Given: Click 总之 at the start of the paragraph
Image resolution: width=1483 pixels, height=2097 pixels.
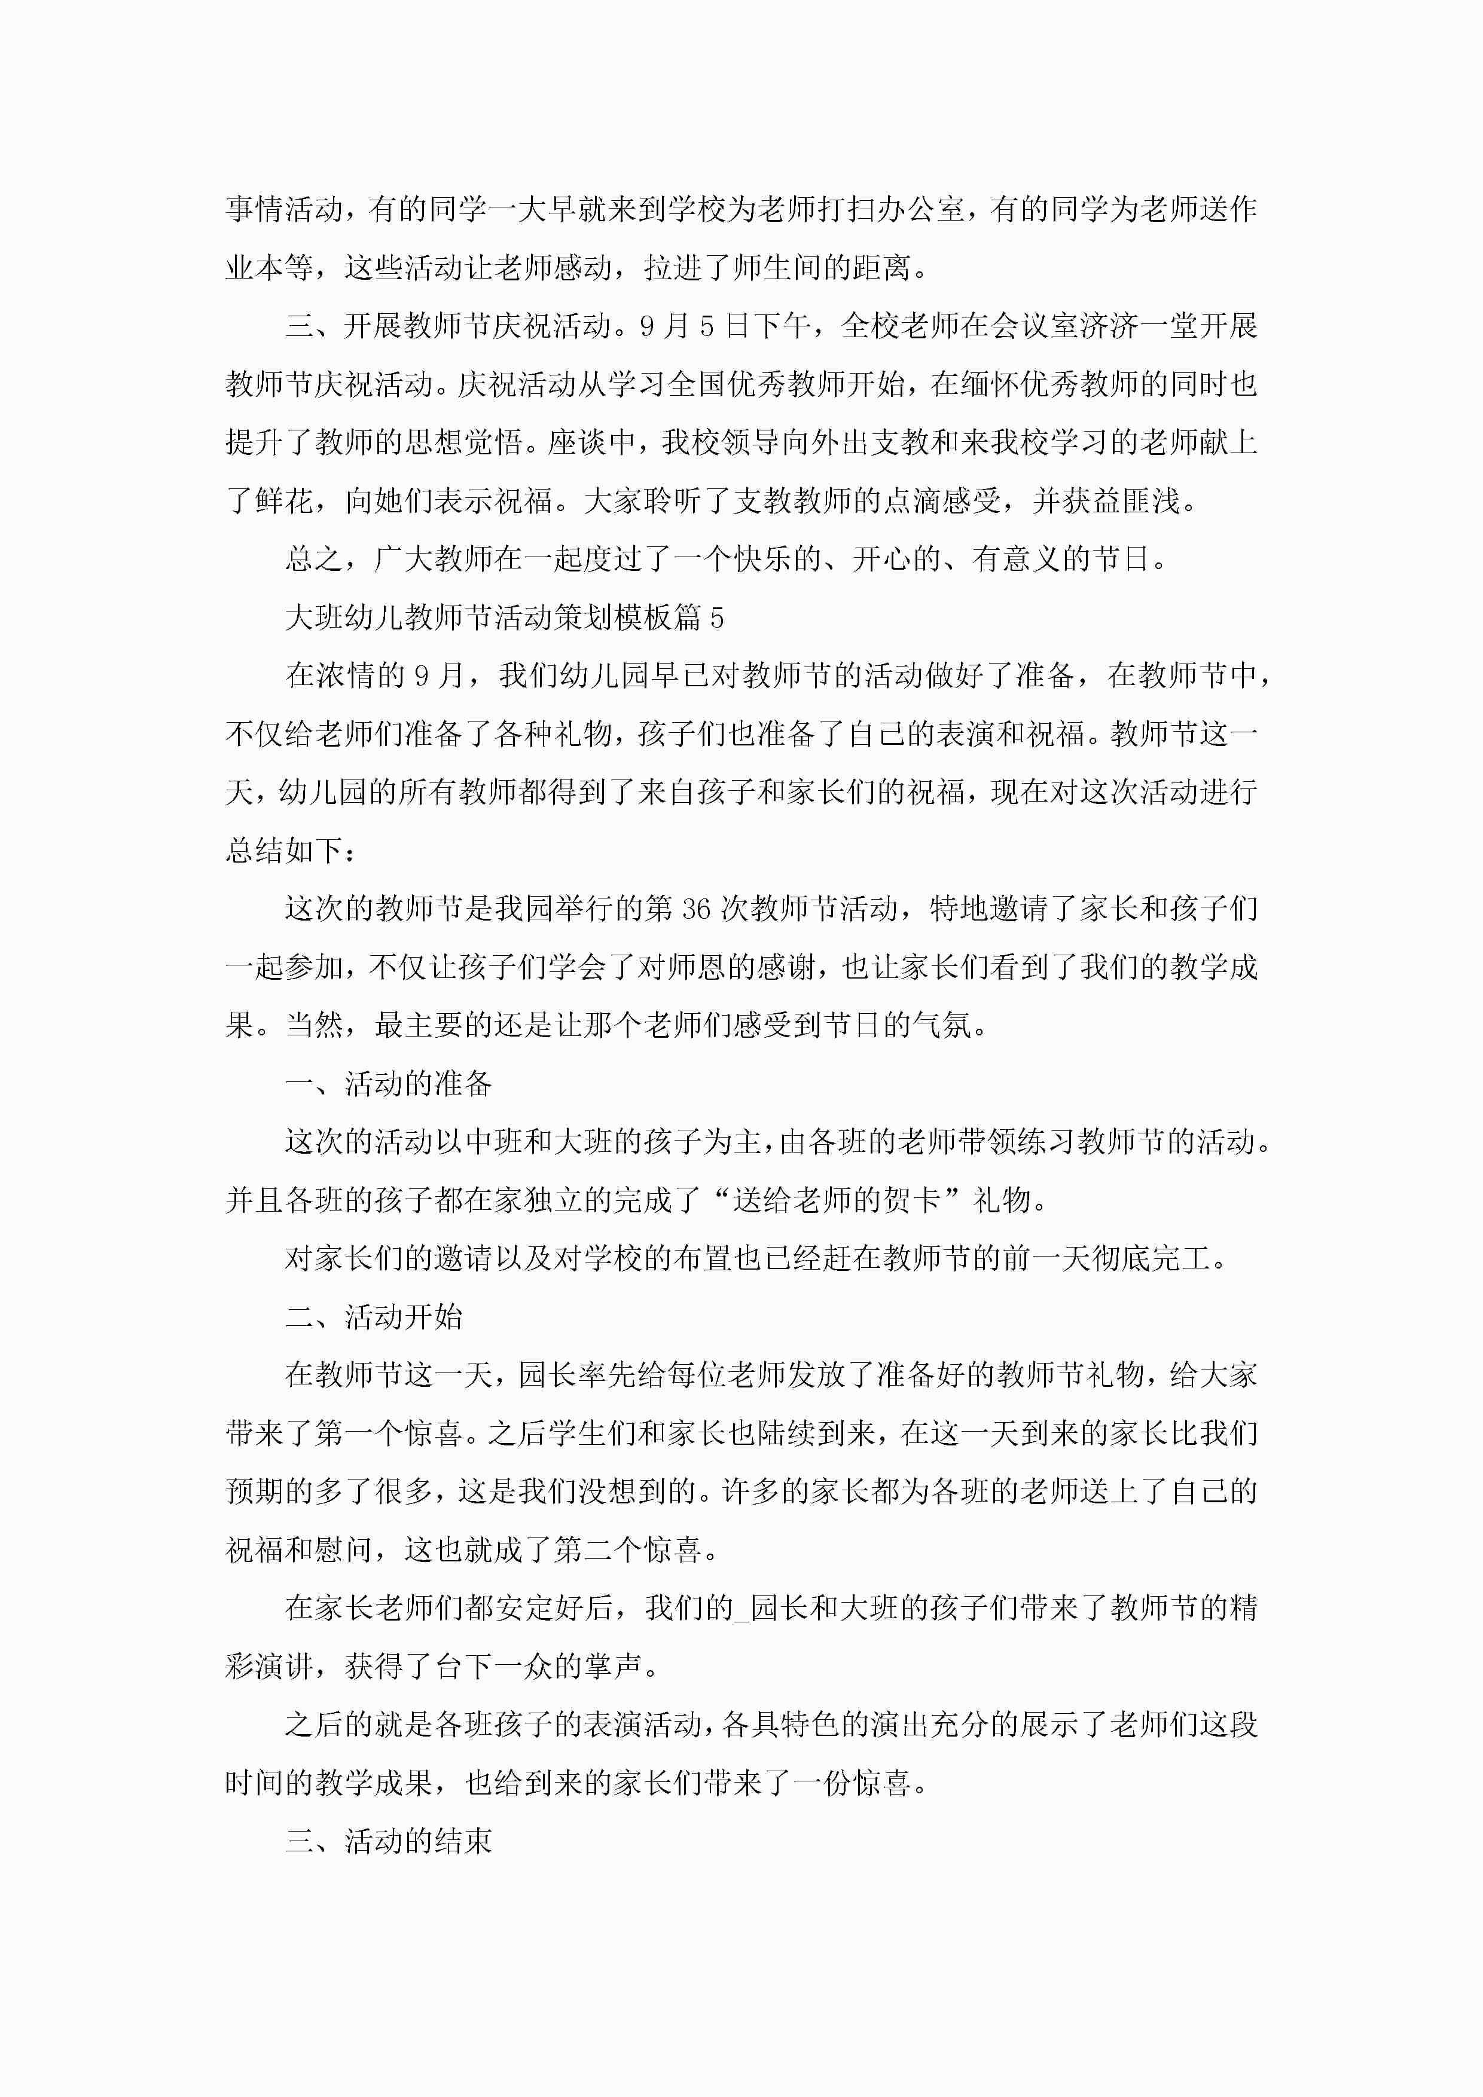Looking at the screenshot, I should pyautogui.click(x=315, y=559).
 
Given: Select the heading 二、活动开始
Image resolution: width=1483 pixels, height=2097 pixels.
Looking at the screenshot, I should pyautogui.click(x=374, y=1317).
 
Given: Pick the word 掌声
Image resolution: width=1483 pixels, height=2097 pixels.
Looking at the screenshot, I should pyautogui.click(x=613, y=1667).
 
